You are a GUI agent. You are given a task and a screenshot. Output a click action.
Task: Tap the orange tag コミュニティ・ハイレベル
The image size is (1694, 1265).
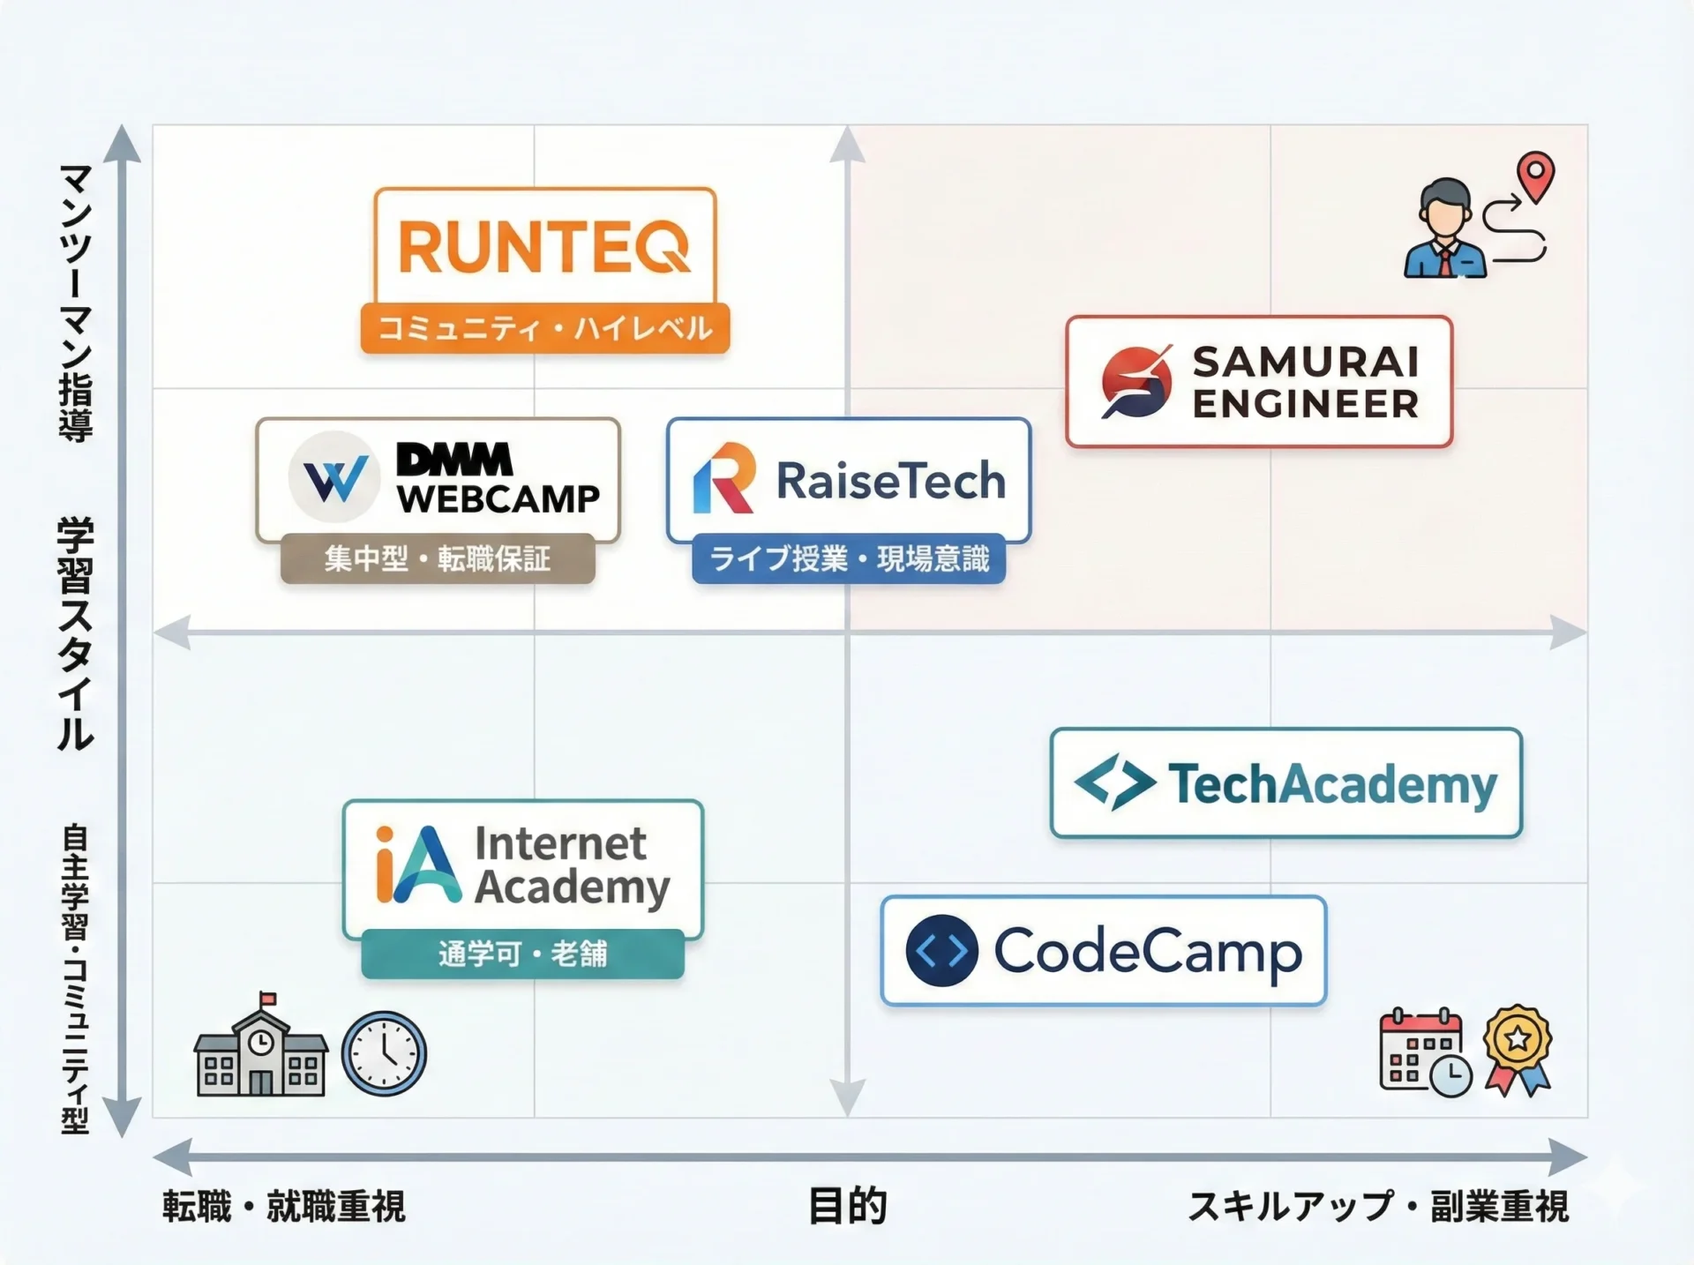click(544, 328)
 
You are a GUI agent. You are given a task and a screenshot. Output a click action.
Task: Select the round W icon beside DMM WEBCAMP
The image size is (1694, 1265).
click(334, 477)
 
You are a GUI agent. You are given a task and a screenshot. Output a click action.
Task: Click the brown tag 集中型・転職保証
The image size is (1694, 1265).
click(438, 558)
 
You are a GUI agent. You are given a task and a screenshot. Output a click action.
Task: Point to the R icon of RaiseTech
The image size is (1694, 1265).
click(724, 479)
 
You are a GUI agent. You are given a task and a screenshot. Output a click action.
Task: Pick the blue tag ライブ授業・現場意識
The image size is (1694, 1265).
click(849, 558)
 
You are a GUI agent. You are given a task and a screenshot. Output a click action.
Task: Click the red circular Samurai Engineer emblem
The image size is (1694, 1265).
click(1136, 382)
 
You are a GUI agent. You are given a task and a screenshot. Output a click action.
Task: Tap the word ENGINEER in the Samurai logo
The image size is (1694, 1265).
click(1306, 404)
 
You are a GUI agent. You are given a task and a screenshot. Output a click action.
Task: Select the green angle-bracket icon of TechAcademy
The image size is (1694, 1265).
click(1114, 782)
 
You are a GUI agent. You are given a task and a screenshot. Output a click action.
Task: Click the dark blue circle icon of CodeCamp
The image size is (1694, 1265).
click(941, 951)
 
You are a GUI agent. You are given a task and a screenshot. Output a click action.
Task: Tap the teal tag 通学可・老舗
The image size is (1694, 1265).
click(522, 954)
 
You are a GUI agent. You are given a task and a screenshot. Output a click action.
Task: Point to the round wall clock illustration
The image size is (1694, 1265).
click(384, 1053)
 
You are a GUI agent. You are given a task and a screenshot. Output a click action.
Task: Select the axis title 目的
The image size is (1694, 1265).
click(848, 1206)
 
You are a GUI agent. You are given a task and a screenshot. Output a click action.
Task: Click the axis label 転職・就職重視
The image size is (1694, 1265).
click(284, 1206)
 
